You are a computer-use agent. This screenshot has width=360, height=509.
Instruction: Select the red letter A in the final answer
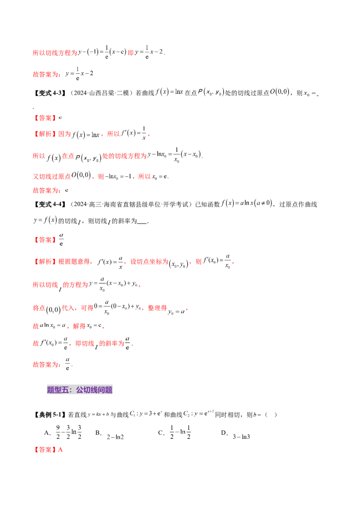click(x=61, y=449)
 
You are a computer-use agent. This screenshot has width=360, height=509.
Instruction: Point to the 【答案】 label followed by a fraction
click(x=45, y=240)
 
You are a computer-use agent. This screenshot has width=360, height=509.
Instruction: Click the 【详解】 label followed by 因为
click(x=45, y=134)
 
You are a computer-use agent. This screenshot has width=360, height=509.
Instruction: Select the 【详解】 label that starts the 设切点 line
click(x=45, y=261)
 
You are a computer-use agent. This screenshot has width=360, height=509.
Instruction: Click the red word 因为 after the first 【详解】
click(x=65, y=134)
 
